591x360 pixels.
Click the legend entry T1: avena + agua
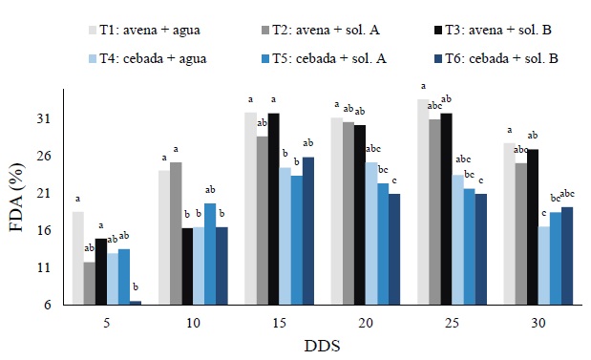[143, 30]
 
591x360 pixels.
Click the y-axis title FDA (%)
[19, 198]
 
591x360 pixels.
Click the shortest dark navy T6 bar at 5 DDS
[136, 303]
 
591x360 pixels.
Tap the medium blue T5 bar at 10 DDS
[210, 254]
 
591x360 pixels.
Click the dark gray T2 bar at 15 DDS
[262, 221]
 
